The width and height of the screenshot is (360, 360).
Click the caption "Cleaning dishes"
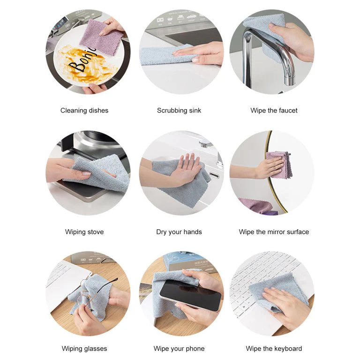[84, 111]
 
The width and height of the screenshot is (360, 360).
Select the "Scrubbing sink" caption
[179, 111]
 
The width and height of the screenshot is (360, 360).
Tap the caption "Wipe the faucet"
[274, 111]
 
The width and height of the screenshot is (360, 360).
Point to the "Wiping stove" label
[84, 232]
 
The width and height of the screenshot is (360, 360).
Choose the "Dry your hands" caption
[179, 232]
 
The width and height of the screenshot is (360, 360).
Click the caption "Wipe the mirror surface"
[274, 232]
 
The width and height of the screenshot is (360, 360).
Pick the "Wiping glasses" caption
[84, 349]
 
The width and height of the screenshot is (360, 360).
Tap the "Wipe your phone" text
[179, 349]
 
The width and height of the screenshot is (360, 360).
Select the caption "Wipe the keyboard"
[274, 349]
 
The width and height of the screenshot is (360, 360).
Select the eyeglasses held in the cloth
[89, 293]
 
